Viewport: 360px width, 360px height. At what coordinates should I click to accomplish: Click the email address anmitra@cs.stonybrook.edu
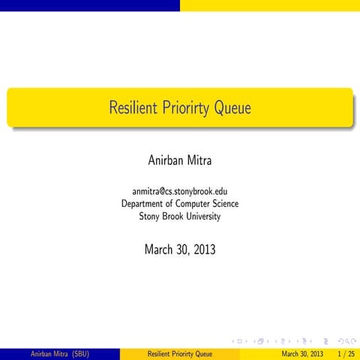tap(180, 191)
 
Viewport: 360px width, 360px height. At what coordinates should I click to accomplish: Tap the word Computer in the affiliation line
tap(194, 204)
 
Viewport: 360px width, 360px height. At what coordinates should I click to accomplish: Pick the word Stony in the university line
tap(151, 217)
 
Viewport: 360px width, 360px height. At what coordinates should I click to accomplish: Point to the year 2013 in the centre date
tap(203, 249)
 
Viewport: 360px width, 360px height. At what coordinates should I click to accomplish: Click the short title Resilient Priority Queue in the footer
tap(180, 353)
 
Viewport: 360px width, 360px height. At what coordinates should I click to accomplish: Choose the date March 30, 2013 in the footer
tap(302, 353)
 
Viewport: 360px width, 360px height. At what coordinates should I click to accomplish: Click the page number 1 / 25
tap(345, 353)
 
